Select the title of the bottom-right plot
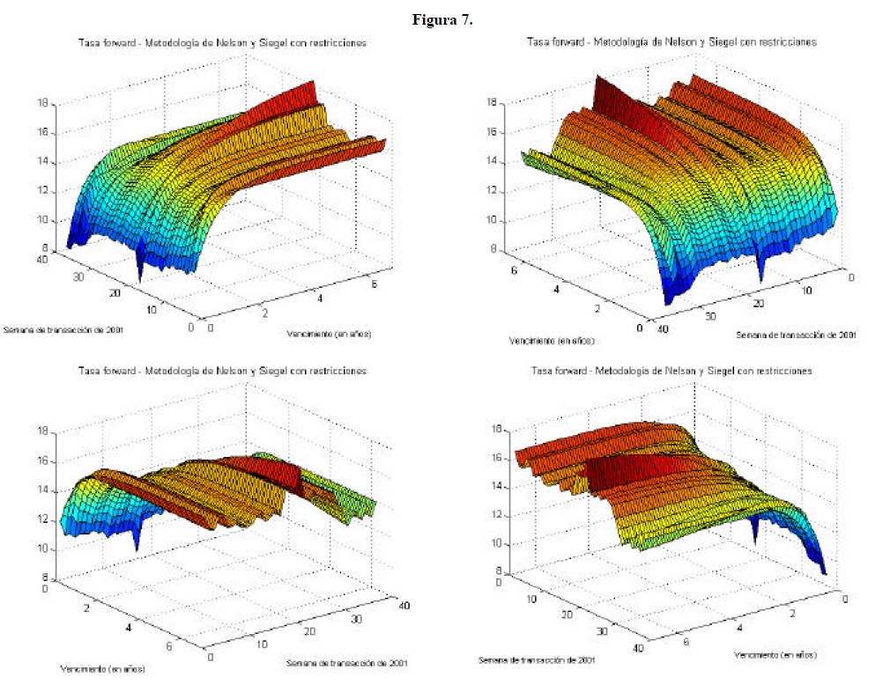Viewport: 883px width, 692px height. point(672,372)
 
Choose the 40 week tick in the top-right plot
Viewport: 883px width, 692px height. point(656,328)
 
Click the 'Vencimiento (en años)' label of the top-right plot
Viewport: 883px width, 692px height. point(551,340)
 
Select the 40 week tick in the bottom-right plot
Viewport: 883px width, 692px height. point(637,648)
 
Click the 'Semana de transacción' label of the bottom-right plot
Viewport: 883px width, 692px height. point(538,660)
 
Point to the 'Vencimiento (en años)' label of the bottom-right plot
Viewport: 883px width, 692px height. point(775,655)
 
